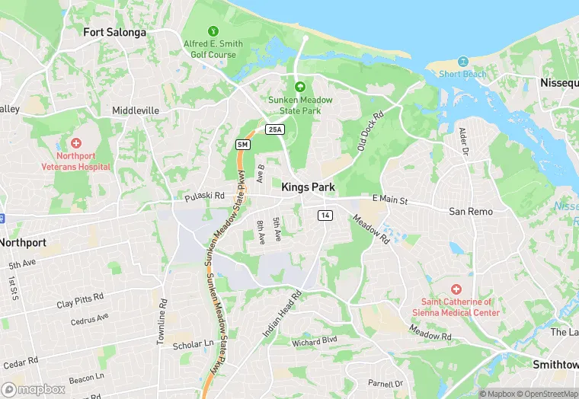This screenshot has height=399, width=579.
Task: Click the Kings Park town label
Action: (x=308, y=187)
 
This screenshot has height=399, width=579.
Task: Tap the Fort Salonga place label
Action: (x=114, y=33)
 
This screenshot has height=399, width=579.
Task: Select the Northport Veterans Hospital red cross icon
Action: (x=75, y=143)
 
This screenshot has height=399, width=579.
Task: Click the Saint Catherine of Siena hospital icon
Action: (x=456, y=289)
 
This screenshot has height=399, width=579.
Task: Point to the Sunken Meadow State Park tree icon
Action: (x=299, y=88)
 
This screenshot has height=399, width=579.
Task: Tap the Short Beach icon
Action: (x=462, y=62)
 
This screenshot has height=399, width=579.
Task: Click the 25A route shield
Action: (x=275, y=130)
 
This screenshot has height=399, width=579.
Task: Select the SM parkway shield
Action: (x=242, y=144)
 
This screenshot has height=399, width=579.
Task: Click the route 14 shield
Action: (x=325, y=215)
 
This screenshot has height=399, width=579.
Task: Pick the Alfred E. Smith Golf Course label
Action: (x=213, y=49)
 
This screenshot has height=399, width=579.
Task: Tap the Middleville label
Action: (x=136, y=110)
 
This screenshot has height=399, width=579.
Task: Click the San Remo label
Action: (x=470, y=211)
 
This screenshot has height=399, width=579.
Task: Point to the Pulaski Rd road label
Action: (x=204, y=196)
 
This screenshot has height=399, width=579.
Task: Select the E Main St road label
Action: (x=390, y=199)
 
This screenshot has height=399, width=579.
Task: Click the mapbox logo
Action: (x=34, y=389)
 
